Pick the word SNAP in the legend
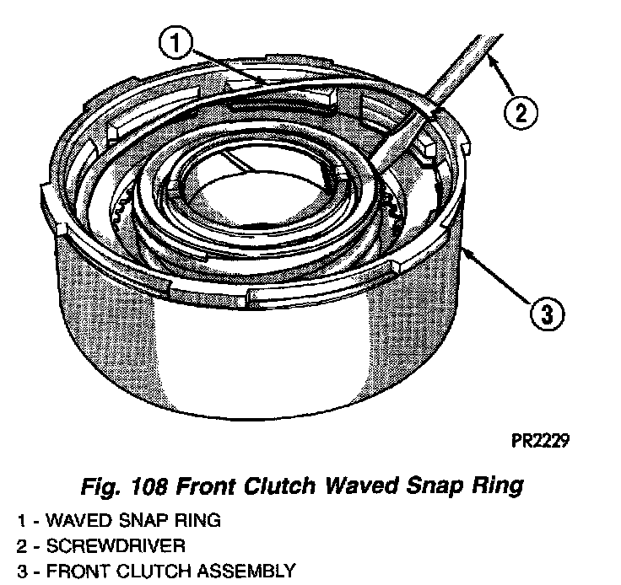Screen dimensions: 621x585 pyautogui.click(x=143, y=520)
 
